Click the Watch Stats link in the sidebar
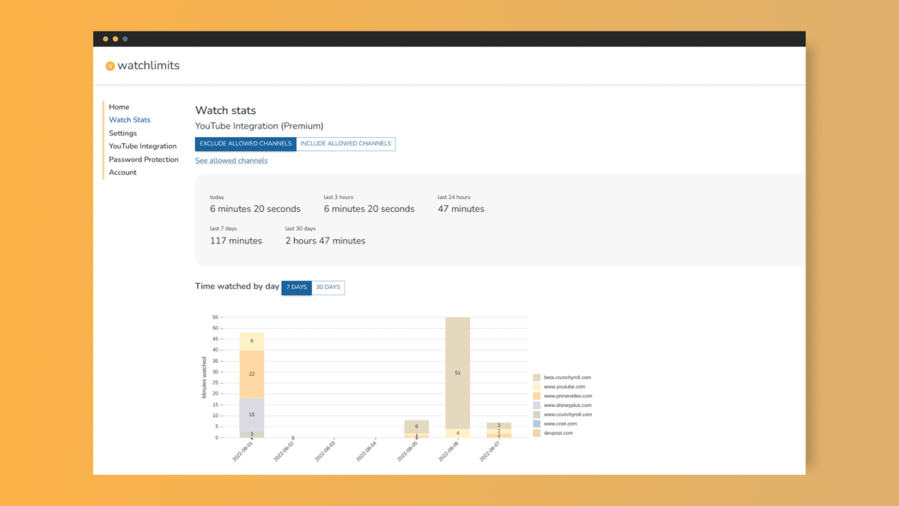[129, 120]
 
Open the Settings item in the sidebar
[122, 134]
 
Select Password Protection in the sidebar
[143, 159]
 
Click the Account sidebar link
[122, 173]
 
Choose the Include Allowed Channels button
[345, 143]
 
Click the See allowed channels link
[231, 160]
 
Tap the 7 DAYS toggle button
[296, 288]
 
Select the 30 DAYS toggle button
[328, 288]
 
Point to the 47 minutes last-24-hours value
[461, 209]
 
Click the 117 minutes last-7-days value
[236, 241]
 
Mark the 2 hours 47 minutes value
[325, 241]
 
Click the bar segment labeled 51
[458, 372]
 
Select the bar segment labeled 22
[252, 374]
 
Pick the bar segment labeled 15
[252, 414]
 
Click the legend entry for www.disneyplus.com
[567, 405]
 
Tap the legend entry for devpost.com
[558, 433]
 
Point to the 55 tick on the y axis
[215, 317]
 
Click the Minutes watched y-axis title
[204, 378]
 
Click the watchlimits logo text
[148, 66]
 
